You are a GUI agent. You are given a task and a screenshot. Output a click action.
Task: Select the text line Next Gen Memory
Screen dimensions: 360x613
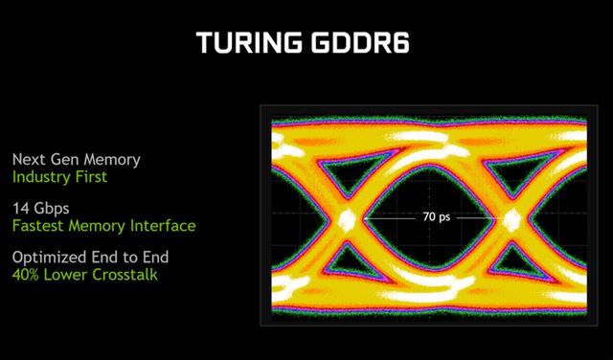(77, 159)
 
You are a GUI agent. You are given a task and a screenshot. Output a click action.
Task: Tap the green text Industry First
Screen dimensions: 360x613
(59, 177)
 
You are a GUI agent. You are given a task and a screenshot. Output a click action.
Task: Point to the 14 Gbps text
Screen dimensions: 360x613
(39, 208)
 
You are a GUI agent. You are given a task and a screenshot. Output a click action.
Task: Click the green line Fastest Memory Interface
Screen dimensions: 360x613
(103, 226)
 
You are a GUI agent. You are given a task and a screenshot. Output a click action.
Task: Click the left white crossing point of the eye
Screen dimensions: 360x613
(348, 218)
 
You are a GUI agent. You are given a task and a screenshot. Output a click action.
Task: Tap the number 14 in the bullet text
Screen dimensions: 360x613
(20, 208)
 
